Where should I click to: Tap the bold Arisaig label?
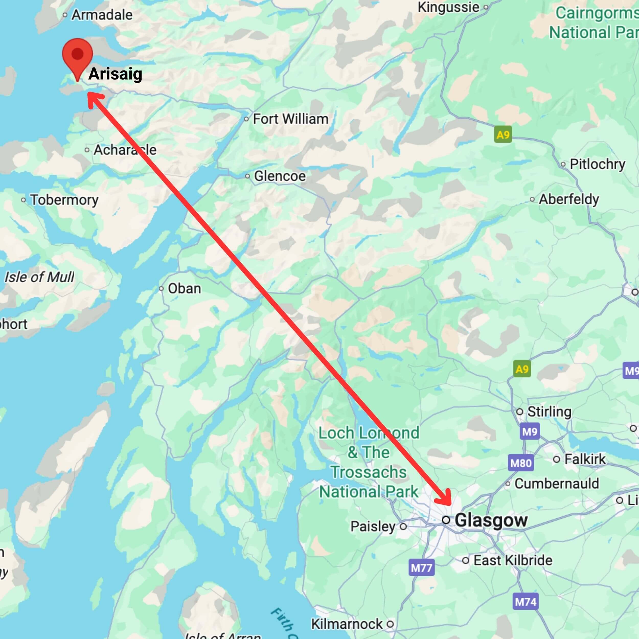click(x=115, y=74)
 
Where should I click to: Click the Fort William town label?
click(x=290, y=119)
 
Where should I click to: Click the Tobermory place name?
click(x=64, y=200)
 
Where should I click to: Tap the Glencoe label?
click(x=279, y=176)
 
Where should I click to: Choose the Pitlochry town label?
click(x=597, y=164)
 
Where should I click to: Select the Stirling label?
click(x=549, y=412)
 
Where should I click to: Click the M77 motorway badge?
click(x=421, y=568)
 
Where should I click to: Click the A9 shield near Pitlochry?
click(x=503, y=135)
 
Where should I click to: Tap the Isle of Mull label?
click(x=39, y=277)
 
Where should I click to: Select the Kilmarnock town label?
click(x=347, y=624)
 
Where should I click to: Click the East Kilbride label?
click(x=513, y=560)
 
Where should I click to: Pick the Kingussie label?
click(x=448, y=7)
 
